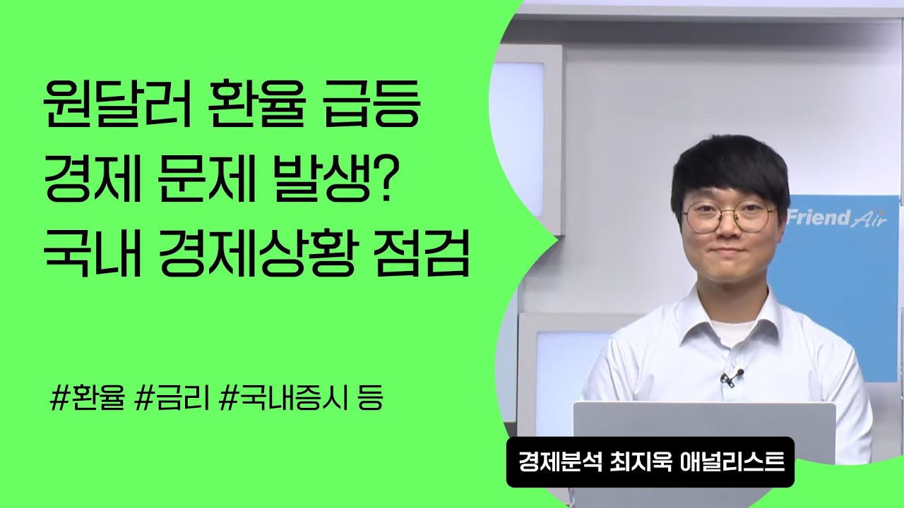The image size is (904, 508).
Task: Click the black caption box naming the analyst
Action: click(x=650, y=462)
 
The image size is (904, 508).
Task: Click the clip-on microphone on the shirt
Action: click(x=732, y=377)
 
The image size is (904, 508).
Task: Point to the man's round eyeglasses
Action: click(x=727, y=217)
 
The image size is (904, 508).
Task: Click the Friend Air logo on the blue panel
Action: click(x=837, y=217)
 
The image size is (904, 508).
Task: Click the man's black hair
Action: click(x=727, y=166)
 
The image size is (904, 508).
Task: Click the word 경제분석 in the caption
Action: click(x=556, y=462)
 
